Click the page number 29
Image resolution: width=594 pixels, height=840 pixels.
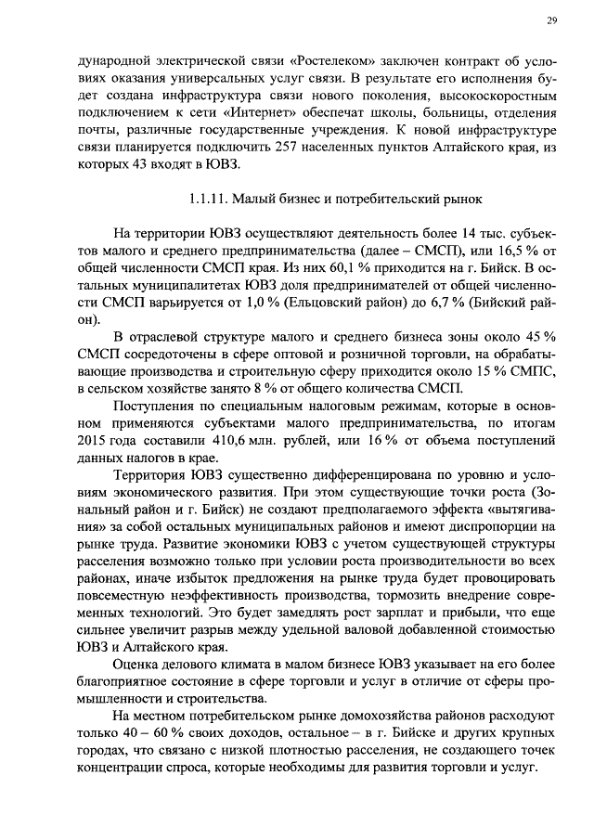tap(525, 20)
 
